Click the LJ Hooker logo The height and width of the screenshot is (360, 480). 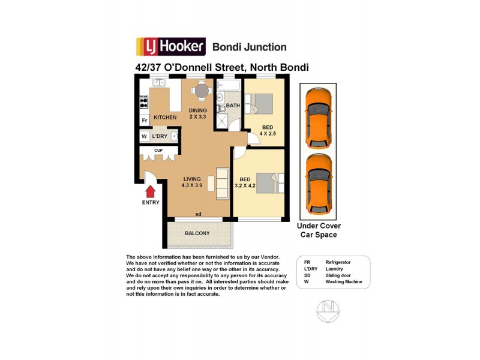coord(171,47)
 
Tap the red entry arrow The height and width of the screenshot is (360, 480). coord(151,191)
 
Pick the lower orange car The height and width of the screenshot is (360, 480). coord(317,184)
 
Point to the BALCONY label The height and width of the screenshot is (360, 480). coord(197,233)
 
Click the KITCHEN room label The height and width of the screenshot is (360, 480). coord(165,118)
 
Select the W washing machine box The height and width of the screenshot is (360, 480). coord(144,136)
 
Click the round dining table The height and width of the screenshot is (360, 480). coord(202,91)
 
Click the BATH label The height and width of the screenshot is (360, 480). coord(233,106)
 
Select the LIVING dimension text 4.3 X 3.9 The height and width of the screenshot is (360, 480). coord(193,186)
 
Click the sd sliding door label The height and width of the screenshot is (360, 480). coord(198,214)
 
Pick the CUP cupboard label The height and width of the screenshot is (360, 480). coord(158,150)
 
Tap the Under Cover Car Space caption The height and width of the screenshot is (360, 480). coord(319,230)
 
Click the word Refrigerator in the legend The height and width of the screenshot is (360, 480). coord(338,262)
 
